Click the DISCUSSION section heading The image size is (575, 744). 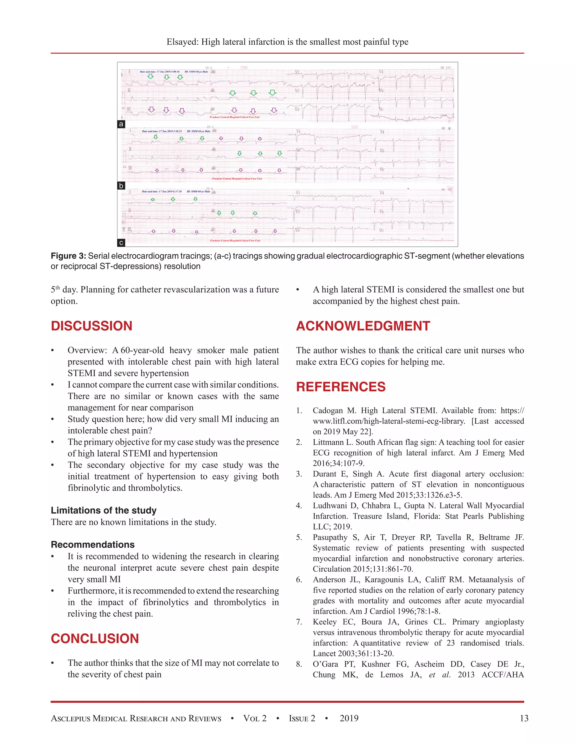point(91,326)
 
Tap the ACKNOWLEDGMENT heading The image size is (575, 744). point(363,326)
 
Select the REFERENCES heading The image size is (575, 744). point(341,387)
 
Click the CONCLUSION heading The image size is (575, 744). point(95,638)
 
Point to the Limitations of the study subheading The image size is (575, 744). point(104,510)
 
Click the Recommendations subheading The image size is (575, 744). point(93,544)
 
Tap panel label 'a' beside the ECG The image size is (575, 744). point(121,124)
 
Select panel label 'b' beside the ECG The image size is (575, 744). point(121,186)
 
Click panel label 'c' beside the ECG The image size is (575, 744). point(121,243)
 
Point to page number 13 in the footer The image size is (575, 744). point(524,718)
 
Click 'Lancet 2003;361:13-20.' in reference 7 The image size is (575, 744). point(353,653)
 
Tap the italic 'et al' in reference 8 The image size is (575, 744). point(439,674)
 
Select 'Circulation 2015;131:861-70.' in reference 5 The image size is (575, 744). point(363,569)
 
